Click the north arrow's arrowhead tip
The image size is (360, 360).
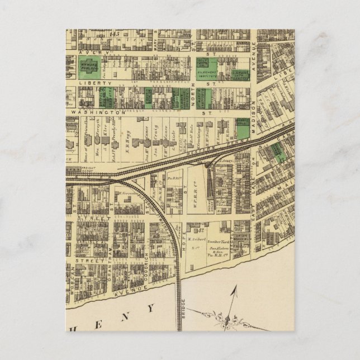point(235,287)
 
